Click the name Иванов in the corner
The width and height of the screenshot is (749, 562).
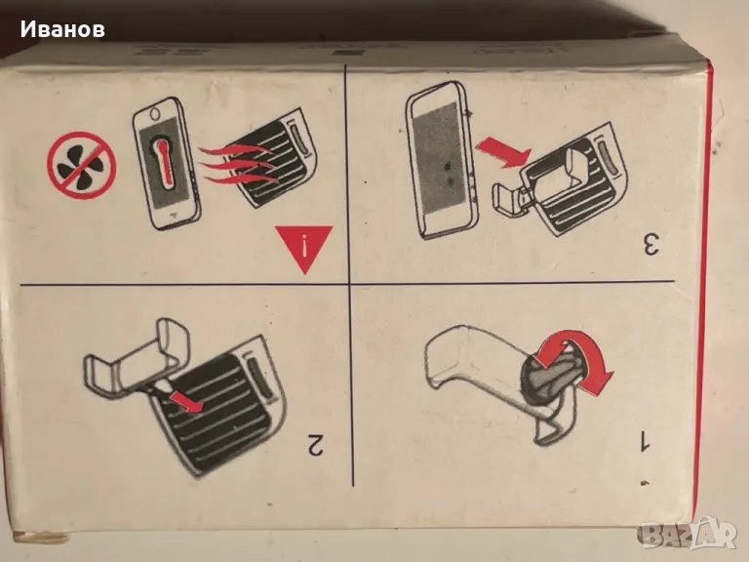pos(62,29)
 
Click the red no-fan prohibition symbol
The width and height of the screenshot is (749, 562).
pos(82,165)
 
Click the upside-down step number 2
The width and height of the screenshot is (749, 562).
pos(316,445)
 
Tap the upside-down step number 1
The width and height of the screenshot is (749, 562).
pos(645,440)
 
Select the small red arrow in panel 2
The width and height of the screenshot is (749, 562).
pos(187,401)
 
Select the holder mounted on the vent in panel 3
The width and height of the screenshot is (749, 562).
pos(539,184)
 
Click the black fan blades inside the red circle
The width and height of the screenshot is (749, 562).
pos(80,166)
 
